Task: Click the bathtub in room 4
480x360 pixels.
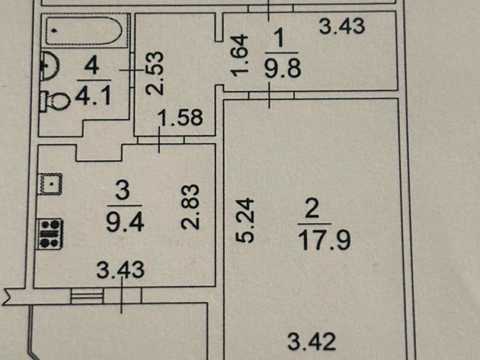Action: [85, 31]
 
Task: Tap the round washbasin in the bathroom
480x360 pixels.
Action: [49, 66]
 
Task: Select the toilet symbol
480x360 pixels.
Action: [55, 101]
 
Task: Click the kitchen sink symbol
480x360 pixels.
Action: [50, 184]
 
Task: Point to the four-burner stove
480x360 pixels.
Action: [50, 233]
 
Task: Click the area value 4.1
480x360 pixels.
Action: [93, 96]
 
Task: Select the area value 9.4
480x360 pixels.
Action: [125, 222]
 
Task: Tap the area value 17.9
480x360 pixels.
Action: [324, 240]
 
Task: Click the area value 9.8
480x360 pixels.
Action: [283, 68]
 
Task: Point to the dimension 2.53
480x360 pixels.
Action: [155, 73]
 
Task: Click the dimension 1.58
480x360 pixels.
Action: [180, 117]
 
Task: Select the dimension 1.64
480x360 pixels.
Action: [240, 55]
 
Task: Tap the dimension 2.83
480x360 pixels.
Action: [190, 207]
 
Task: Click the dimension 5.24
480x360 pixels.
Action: [245, 220]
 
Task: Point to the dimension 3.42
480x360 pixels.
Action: [312, 341]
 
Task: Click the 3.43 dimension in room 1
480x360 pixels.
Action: [342, 26]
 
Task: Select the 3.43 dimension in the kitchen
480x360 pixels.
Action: [120, 270]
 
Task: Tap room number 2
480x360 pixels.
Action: [312, 209]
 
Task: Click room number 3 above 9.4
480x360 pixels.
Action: [122, 190]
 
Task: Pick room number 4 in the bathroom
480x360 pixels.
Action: [92, 65]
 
